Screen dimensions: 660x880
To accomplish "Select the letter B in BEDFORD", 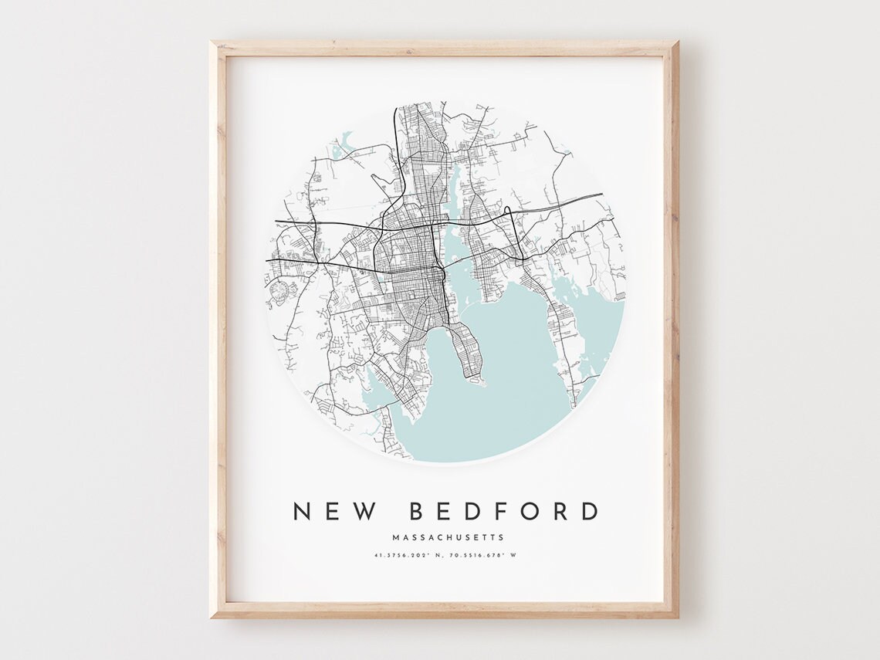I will [418, 511].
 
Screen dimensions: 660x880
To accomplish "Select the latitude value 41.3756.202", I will [402, 555].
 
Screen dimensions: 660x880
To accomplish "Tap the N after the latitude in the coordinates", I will [438, 555].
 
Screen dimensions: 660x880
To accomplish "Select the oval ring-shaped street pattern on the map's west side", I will [281, 291].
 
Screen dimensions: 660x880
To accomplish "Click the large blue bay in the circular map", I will [502, 386].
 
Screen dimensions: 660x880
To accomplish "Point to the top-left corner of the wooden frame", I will [212, 43].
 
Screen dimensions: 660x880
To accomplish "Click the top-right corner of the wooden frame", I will [677, 43].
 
